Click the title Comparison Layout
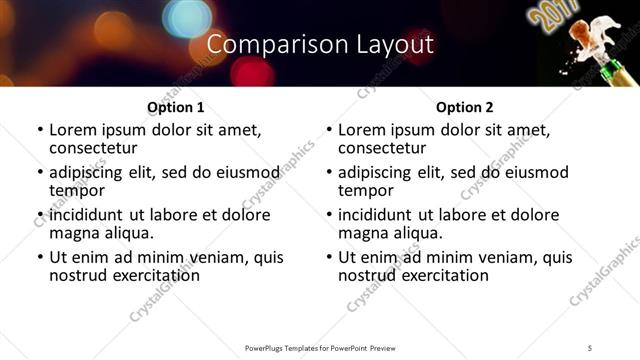(320, 44)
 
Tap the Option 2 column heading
(464, 107)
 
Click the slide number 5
(590, 347)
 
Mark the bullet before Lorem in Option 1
(39, 130)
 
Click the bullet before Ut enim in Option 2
(328, 258)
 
